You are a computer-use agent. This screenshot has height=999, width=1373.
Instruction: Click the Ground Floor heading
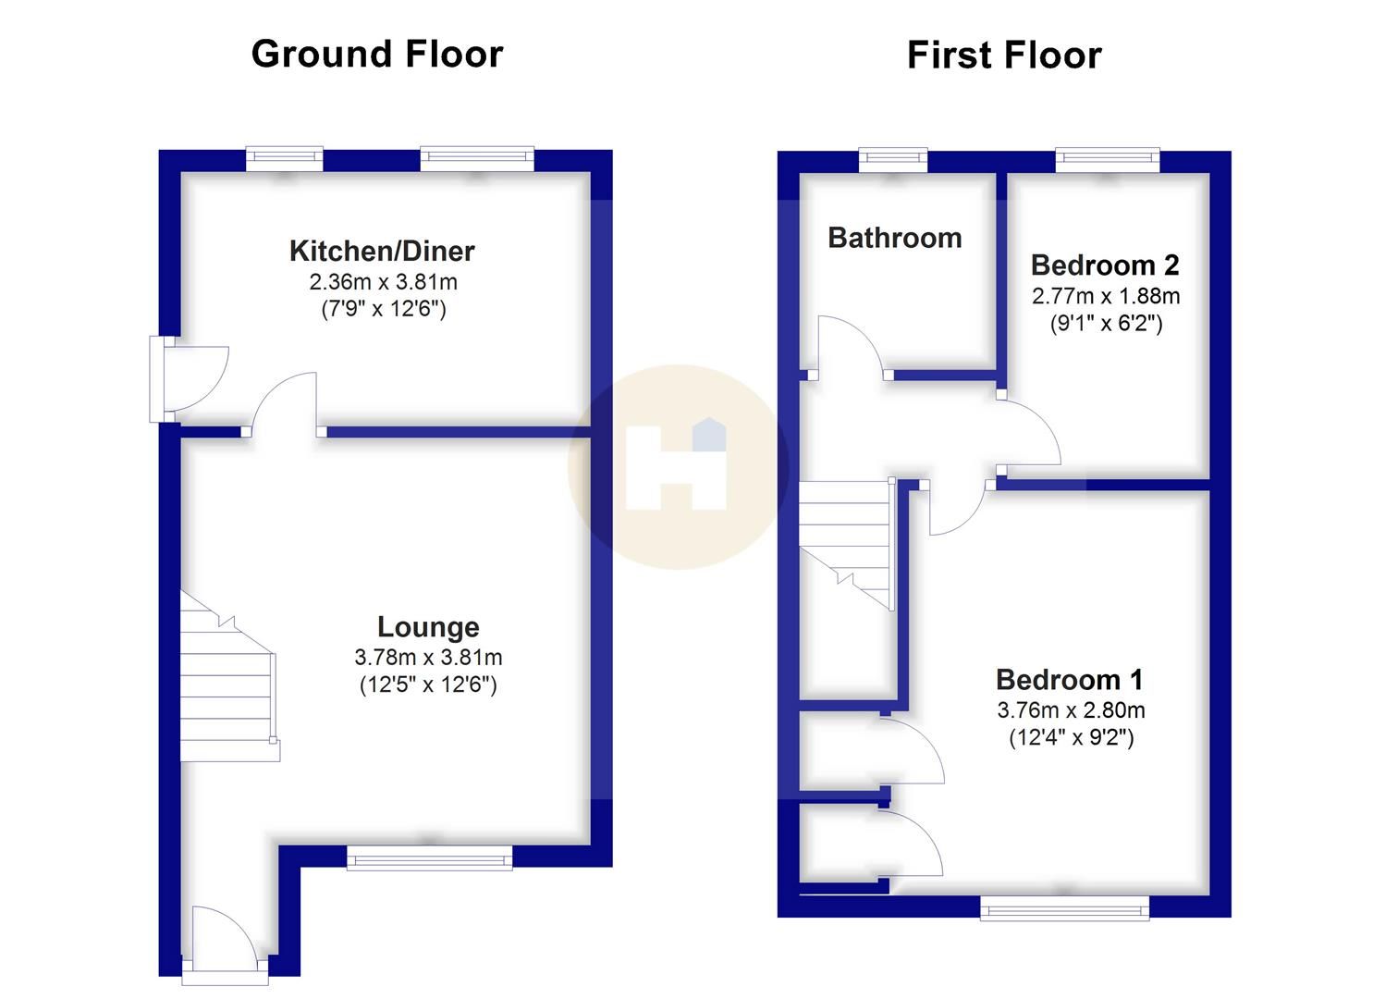click(x=377, y=54)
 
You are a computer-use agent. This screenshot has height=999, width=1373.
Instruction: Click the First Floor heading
click(x=1004, y=55)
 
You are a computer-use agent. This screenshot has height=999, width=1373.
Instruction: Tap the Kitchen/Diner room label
click(x=382, y=251)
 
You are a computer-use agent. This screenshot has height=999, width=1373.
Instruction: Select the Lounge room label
click(x=428, y=627)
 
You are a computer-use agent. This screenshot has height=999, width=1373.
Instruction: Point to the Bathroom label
click(x=895, y=238)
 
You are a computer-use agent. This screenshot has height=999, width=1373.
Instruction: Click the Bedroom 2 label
click(x=1105, y=265)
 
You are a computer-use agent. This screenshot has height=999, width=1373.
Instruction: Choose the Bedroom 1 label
click(x=1070, y=680)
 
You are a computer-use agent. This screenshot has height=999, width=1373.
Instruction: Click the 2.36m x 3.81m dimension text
click(x=383, y=282)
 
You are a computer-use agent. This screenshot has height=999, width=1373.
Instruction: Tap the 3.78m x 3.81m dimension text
click(x=428, y=658)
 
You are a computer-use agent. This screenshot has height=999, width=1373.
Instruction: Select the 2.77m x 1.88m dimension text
click(x=1106, y=296)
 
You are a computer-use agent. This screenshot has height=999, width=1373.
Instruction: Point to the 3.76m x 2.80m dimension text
click(x=1071, y=710)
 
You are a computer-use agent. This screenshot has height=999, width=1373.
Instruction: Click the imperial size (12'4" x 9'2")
click(x=1072, y=737)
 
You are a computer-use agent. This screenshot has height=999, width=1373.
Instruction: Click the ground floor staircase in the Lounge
click(x=229, y=676)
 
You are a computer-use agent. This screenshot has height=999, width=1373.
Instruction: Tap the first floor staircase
click(x=847, y=545)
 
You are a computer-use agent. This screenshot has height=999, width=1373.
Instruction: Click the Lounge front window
click(x=429, y=858)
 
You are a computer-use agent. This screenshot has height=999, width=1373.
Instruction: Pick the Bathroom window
click(x=893, y=161)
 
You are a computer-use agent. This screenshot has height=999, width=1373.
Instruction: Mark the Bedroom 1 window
click(x=1065, y=907)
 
